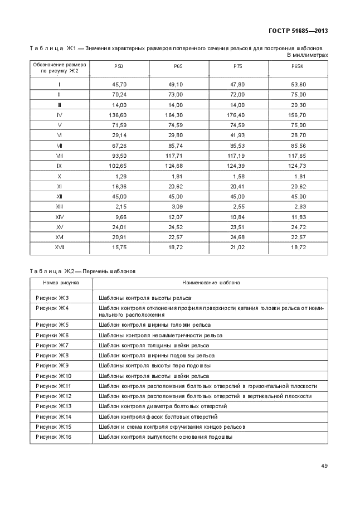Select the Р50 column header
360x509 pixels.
[x=119, y=66]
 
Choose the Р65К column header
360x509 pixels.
[x=298, y=66]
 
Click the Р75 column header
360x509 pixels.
[x=238, y=66]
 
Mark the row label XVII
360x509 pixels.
[x=59, y=248]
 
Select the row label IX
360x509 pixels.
[x=59, y=166]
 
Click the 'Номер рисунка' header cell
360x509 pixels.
[x=57, y=283]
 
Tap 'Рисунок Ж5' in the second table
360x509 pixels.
[x=51, y=324]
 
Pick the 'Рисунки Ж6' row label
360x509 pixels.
[x=52, y=335]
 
